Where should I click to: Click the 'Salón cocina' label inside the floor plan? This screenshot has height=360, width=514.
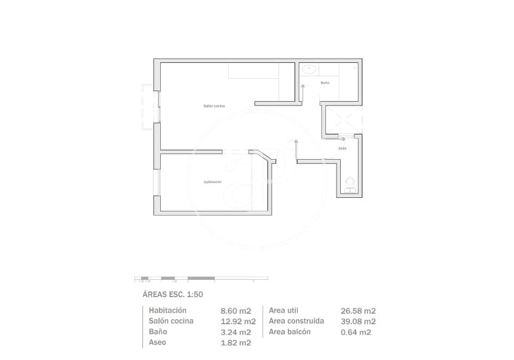click(214, 106)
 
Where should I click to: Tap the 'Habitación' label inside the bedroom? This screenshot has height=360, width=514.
click(213, 182)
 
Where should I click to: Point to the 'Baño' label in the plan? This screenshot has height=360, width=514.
click(325, 83)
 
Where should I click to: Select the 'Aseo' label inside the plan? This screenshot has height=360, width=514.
click(343, 149)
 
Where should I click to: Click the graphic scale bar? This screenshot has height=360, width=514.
click(201, 279)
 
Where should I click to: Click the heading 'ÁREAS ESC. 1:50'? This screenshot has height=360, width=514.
click(173, 295)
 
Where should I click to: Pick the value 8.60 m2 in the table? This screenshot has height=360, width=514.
click(235, 311)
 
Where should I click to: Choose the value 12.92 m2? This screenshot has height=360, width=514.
click(238, 322)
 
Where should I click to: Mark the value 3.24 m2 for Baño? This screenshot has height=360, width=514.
click(235, 332)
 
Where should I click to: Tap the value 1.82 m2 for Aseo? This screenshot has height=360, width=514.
click(235, 343)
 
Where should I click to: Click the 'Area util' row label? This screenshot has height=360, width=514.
click(284, 311)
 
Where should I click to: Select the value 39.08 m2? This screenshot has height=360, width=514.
click(358, 322)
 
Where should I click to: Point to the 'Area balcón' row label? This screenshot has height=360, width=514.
click(290, 332)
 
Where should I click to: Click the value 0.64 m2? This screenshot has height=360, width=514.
click(356, 332)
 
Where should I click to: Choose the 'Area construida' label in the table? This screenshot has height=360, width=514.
click(296, 321)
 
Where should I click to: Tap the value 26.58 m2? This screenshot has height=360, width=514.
click(358, 311)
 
